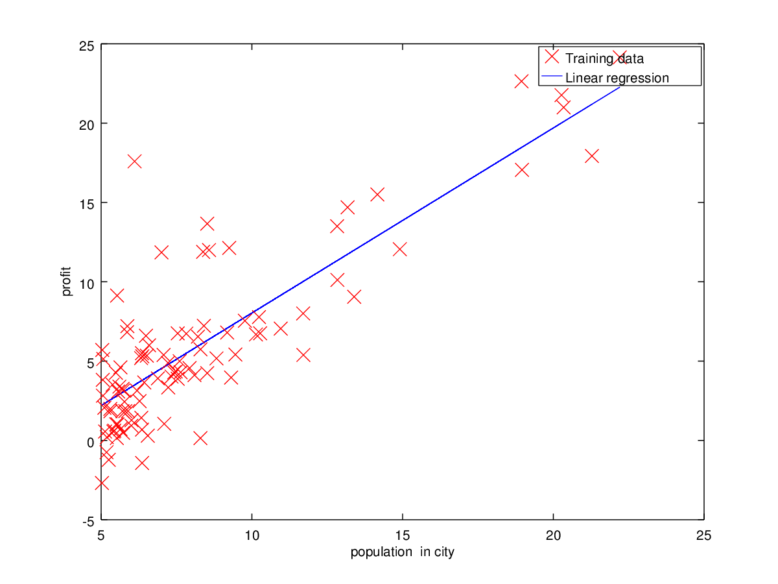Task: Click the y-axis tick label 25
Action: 86,45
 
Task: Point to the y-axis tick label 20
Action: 86,124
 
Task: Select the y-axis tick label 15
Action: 86,203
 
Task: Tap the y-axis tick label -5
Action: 86,520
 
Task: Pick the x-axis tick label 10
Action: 252,535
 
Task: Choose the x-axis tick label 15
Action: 403,535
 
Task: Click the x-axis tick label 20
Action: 553,535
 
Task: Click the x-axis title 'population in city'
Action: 398,553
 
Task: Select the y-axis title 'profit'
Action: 67,283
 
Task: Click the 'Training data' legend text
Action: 604,59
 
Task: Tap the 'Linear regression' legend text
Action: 617,79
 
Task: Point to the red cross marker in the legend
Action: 552,58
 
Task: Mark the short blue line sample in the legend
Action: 552,78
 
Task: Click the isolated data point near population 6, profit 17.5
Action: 134,162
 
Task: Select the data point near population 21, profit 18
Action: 591,156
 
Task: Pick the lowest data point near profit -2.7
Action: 101,483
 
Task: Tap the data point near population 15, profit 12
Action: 399,249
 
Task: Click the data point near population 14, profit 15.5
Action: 377,194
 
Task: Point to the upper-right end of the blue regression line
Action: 620,87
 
